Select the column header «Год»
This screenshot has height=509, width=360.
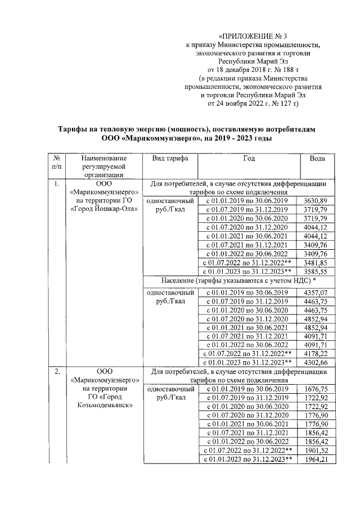point(249,159)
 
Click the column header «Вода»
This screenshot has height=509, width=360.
point(317,159)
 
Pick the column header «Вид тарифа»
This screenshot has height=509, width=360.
point(170,159)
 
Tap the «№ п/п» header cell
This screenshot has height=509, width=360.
point(57,163)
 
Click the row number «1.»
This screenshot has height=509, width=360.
point(56,184)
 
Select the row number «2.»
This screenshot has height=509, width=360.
point(56,372)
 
